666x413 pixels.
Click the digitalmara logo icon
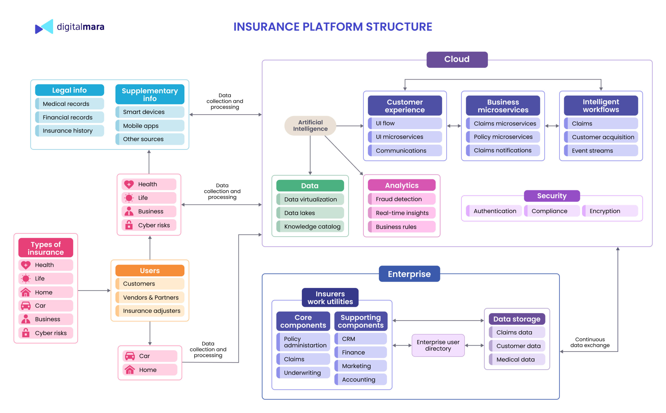pyautogui.click(x=44, y=27)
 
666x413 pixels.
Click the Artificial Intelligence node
pyautogui.click(x=310, y=126)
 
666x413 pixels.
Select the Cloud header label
pyautogui.click(x=457, y=59)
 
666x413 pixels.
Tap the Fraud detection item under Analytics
pyautogui.click(x=401, y=199)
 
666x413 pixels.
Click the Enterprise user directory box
pyautogui.click(x=438, y=345)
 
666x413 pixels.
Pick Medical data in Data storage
pyautogui.click(x=516, y=359)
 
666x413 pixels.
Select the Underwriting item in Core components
pyautogui.click(x=303, y=373)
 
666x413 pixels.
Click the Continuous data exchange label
pyautogui.click(x=590, y=342)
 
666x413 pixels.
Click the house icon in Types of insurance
pyautogui.click(x=26, y=292)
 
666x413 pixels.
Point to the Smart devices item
pyautogui.click(x=150, y=112)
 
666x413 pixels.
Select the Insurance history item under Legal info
pyautogui.click(x=69, y=130)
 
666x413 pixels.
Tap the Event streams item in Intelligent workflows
pyautogui.click(x=600, y=151)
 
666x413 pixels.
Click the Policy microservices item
pyautogui.click(x=503, y=137)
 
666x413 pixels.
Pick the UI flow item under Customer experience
pyautogui.click(x=404, y=123)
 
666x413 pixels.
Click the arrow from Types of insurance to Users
pyautogui.click(x=94, y=291)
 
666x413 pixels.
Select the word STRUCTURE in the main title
pyautogui.click(x=399, y=27)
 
